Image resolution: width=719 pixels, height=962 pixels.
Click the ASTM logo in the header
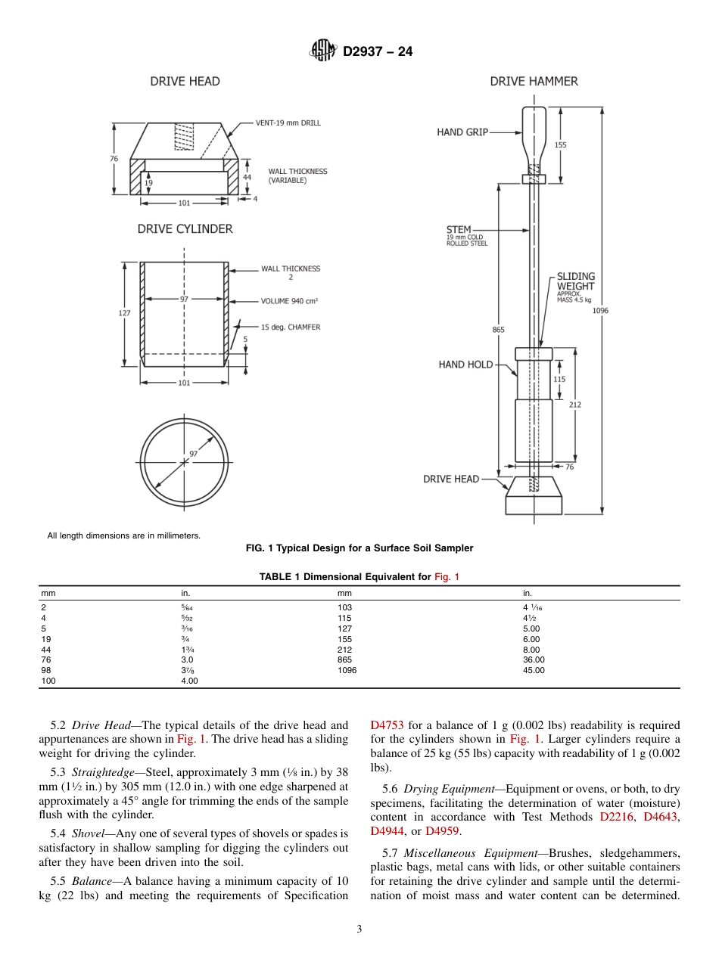pyautogui.click(x=322, y=51)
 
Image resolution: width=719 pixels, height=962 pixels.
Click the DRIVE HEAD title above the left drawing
pyautogui.click(x=185, y=81)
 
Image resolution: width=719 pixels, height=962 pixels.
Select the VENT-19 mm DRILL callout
pyautogui.click(x=288, y=123)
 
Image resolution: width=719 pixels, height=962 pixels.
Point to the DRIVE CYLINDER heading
pyautogui.click(x=185, y=228)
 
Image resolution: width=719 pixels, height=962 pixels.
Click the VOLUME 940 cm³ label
pyautogui.click(x=289, y=301)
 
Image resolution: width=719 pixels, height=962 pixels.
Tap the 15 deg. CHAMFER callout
pyautogui.click(x=291, y=327)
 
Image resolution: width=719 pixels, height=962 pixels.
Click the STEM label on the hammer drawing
pyautogui.click(x=459, y=229)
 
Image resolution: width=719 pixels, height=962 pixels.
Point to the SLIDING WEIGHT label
pyautogui.click(x=576, y=281)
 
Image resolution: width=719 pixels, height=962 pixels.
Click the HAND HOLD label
pyautogui.click(x=465, y=365)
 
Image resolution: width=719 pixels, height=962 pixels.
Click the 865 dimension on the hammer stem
pyautogui.click(x=498, y=329)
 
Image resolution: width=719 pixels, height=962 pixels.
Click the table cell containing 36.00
pyautogui.click(x=534, y=659)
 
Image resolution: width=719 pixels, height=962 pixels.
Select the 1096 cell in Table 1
pyautogui.click(x=347, y=670)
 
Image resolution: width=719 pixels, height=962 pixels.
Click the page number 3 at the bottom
pyautogui.click(x=359, y=929)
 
